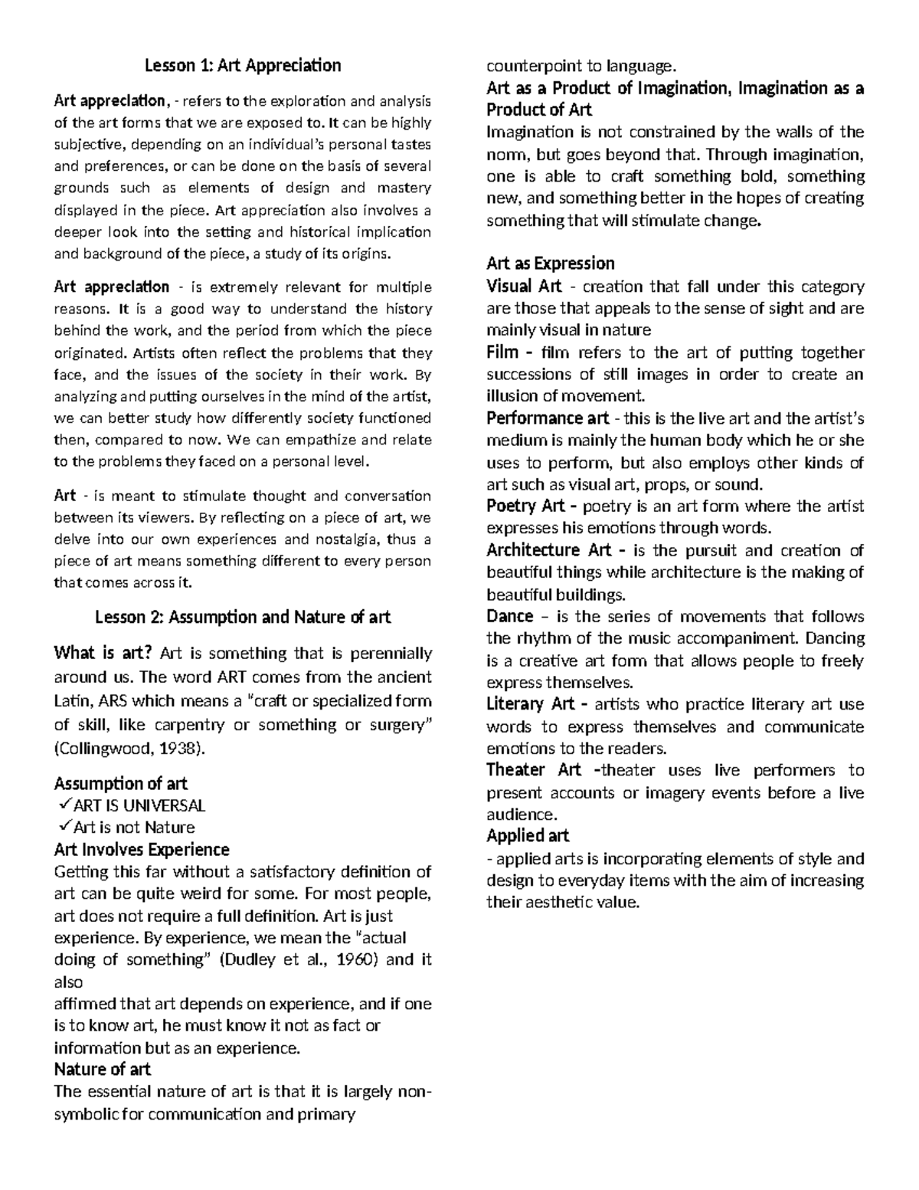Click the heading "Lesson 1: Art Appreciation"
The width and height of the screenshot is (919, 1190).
243,66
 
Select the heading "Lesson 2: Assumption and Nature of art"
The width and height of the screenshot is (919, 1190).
243,617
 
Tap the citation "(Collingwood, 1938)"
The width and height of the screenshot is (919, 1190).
130,749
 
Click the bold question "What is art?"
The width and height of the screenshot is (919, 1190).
103,654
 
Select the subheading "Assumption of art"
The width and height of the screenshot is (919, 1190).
120,783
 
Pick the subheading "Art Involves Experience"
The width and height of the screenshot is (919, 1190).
142,849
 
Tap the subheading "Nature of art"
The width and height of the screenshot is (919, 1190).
102,1069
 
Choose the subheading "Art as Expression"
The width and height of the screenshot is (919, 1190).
550,264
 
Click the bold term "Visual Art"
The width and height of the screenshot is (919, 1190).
524,287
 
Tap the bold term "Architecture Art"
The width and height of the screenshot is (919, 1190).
548,550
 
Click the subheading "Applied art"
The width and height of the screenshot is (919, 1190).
528,835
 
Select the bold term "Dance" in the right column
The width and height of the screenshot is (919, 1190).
509,616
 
